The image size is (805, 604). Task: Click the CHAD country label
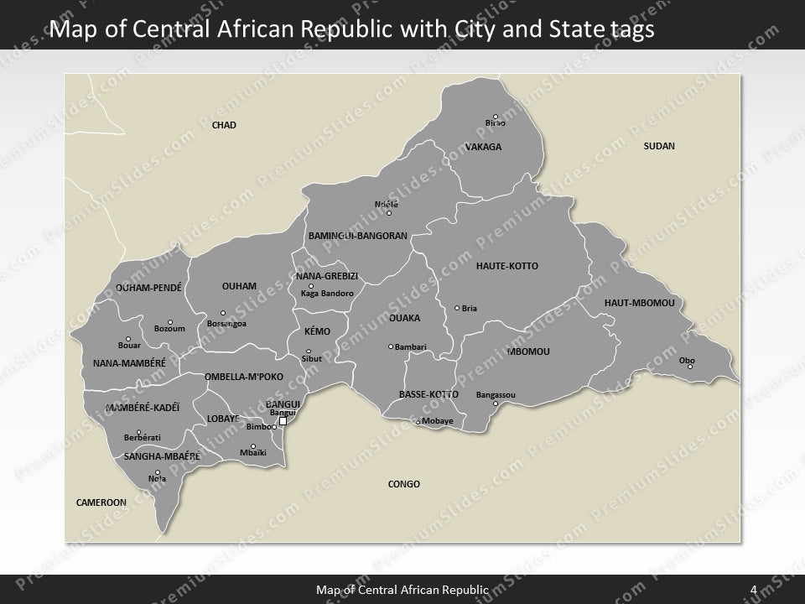[x=224, y=125]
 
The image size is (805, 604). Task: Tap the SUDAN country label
[x=659, y=146]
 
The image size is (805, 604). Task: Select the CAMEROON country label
[x=101, y=502]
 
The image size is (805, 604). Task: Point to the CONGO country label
[x=404, y=484]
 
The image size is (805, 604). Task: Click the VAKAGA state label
[x=483, y=147]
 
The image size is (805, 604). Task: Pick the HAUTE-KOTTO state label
[x=507, y=266]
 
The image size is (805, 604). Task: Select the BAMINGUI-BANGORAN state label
[x=357, y=236]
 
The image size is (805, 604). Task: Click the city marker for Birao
[x=496, y=117]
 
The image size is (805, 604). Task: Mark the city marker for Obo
[x=690, y=367]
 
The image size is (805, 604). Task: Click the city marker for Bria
[x=457, y=308]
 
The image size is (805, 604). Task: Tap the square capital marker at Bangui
[x=283, y=421]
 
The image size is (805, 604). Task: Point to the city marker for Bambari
[x=391, y=346]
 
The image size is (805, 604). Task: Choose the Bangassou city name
[x=496, y=394]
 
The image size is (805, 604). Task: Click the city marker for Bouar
[x=128, y=339]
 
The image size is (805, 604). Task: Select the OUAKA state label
[x=404, y=318]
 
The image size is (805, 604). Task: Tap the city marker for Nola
[x=158, y=472]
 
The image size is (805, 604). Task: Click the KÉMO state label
[x=317, y=331]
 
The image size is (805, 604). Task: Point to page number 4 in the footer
[x=753, y=590]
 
